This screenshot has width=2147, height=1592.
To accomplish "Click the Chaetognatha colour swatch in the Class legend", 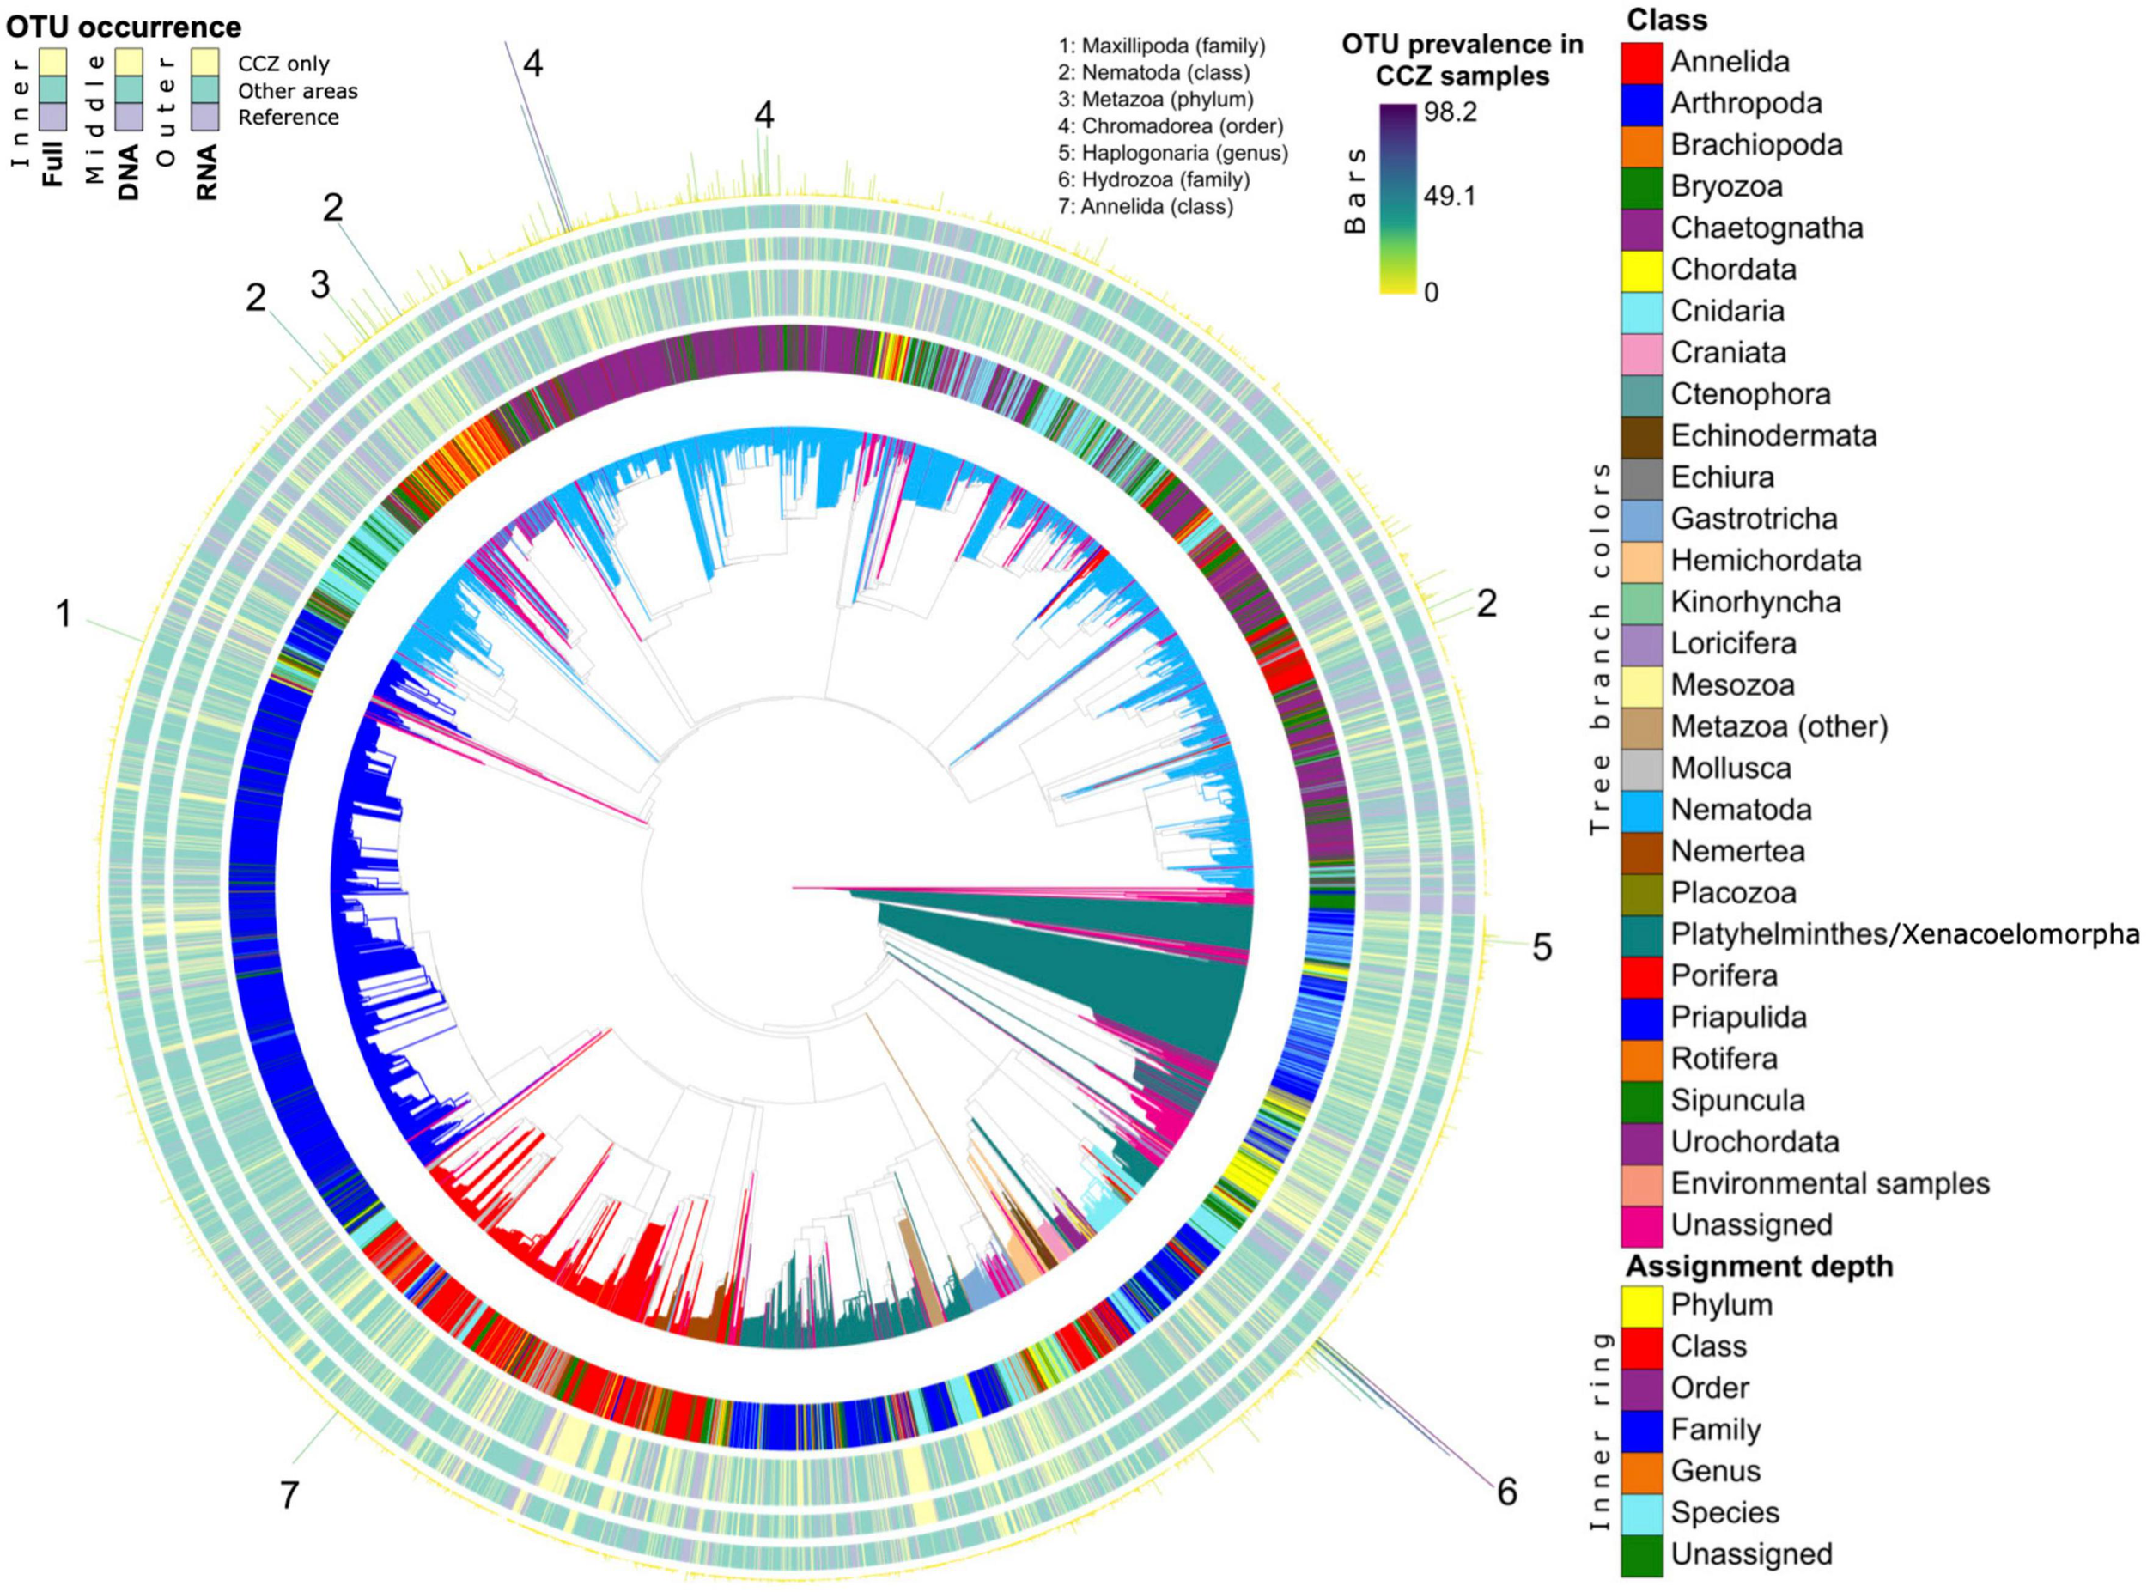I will (x=1641, y=228).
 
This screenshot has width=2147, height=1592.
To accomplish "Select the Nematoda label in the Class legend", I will (x=1740, y=810).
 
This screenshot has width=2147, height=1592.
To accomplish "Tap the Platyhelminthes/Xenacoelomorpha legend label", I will (x=1904, y=933).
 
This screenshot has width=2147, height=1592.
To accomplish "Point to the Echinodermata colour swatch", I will (x=1641, y=435).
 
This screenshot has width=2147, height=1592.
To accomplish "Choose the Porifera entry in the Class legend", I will (x=1724, y=975).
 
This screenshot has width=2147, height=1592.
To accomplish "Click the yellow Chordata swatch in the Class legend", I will (x=1641, y=270).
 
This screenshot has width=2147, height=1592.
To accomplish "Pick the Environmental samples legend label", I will (x=1830, y=1182).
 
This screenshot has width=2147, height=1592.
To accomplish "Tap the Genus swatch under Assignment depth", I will (x=1641, y=1471).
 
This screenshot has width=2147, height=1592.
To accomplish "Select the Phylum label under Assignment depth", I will (x=1721, y=1305).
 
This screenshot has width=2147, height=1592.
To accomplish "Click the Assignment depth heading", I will (x=1760, y=1266).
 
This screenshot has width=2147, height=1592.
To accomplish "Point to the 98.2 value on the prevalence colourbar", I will (x=1451, y=112).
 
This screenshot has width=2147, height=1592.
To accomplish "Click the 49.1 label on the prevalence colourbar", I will (x=1451, y=197).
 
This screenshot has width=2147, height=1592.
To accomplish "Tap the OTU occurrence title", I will (x=125, y=26).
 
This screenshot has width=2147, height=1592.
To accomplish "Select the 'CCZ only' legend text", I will (x=283, y=64).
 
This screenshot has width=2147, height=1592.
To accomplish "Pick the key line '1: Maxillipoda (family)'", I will (x=1161, y=46).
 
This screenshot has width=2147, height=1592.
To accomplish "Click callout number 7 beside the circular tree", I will (x=289, y=1496).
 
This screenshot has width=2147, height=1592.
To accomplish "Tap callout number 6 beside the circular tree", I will (x=1506, y=1492).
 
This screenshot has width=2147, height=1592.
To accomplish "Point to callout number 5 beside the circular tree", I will (x=1542, y=947).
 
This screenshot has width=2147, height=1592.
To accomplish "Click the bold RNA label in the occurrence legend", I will (x=206, y=172).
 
